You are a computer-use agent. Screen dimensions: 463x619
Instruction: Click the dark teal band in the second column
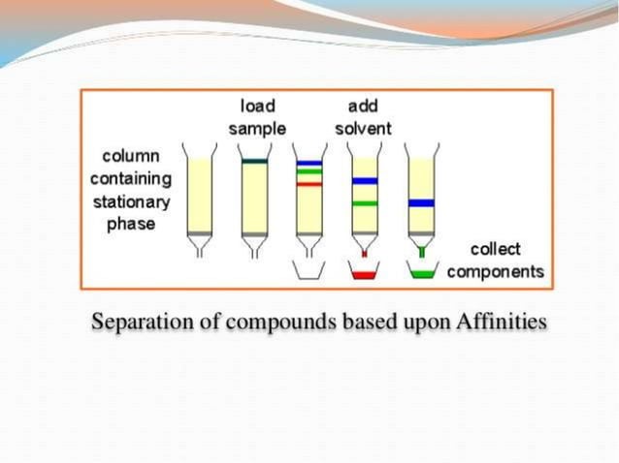[255, 162]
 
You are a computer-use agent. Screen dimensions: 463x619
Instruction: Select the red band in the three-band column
[309, 183]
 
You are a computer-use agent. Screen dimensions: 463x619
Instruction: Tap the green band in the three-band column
[309, 172]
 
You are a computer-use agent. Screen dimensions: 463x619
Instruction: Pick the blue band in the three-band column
[309, 163]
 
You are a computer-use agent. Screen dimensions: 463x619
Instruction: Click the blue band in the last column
[420, 203]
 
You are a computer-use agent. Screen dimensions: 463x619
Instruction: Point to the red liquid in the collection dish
[365, 275]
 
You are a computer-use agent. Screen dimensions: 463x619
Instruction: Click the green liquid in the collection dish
[420, 275]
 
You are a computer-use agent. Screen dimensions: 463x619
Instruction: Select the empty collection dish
[309, 271]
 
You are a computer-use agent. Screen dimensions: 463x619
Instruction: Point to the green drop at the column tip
[420, 254]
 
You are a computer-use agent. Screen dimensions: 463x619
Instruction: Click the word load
[257, 105]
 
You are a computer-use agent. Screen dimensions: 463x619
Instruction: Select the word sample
[257, 128]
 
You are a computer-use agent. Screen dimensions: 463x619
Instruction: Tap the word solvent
[364, 128]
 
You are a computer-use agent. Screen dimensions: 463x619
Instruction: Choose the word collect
[495, 249]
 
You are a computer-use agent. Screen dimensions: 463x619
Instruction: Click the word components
[495, 271]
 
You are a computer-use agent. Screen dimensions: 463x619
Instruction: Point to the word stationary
[131, 202]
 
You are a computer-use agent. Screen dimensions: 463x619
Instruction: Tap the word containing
[131, 179]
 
